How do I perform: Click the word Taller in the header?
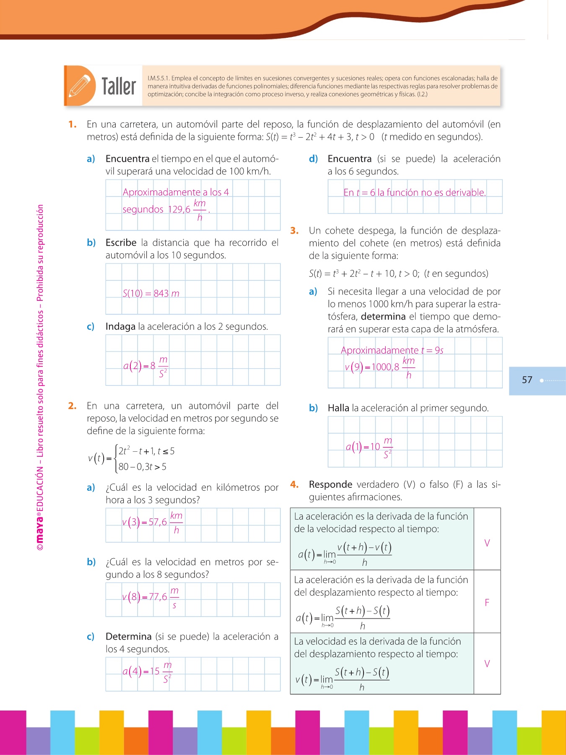coord(119,86)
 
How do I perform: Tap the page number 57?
coord(527,380)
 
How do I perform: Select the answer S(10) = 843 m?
coord(151,293)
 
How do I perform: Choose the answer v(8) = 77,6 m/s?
coord(151,597)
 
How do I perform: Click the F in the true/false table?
coord(487,603)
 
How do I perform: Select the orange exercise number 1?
coord(73,124)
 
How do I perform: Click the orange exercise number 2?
coord(72,406)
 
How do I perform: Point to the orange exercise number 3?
coord(294,230)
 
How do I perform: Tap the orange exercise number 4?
coord(294,484)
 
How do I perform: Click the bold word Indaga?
coord(120,326)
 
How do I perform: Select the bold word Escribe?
coord(121,242)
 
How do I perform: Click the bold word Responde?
coord(330,484)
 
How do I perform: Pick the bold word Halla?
coord(338,408)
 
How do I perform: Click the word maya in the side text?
coord(40,529)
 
